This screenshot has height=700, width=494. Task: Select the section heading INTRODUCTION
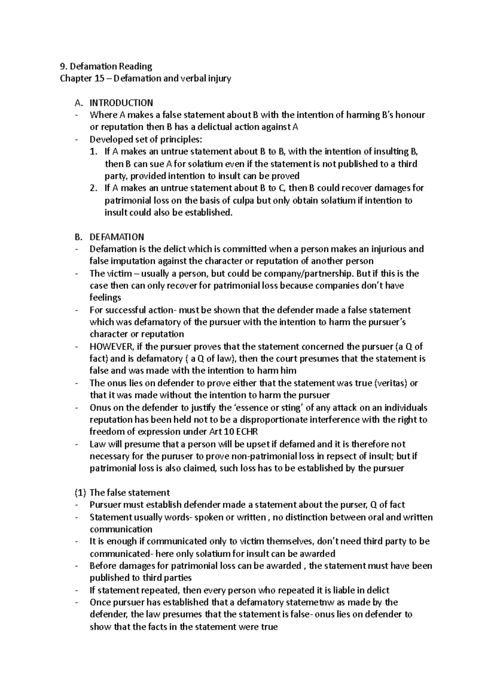(x=121, y=103)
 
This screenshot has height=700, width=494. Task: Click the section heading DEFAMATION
(x=117, y=237)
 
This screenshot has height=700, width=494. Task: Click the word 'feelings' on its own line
(x=105, y=297)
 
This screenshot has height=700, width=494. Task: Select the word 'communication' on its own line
(x=121, y=529)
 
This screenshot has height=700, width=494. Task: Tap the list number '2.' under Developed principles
(x=94, y=188)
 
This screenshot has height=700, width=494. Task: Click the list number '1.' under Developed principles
(x=94, y=152)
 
